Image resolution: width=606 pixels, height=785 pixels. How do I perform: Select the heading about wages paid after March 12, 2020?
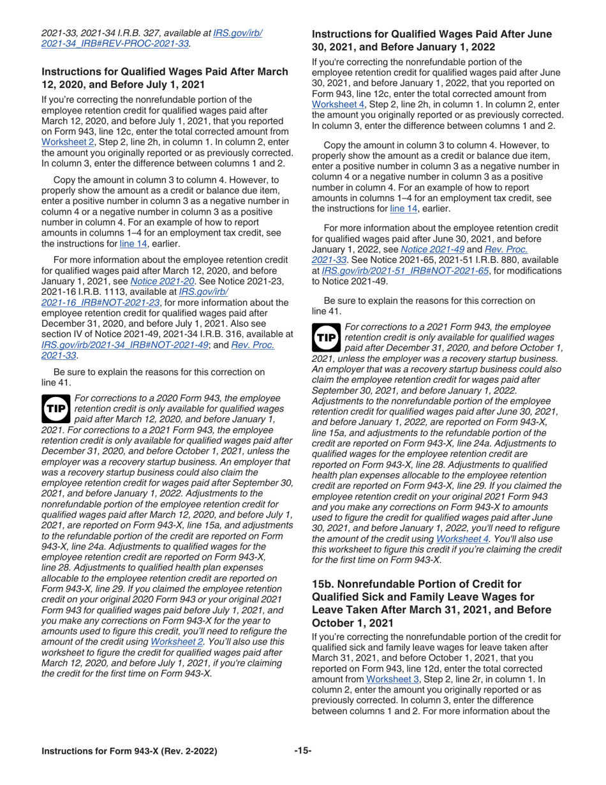tap(165, 77)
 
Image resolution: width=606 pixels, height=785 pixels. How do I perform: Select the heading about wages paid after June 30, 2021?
tap(432, 41)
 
